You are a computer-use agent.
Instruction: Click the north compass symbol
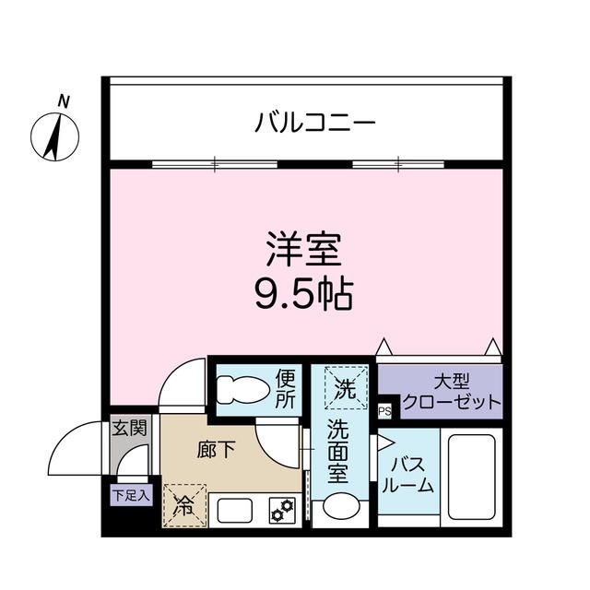tap(54, 134)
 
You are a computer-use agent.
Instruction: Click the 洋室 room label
tap(304, 249)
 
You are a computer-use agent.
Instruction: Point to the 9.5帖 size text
tap(304, 294)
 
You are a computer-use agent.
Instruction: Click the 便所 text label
tap(287, 388)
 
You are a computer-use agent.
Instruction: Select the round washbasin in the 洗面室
tap(340, 507)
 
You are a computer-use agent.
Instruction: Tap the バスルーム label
tap(406, 474)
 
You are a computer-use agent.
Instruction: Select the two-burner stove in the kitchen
tap(281, 509)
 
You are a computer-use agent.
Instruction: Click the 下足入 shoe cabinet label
tap(130, 495)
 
